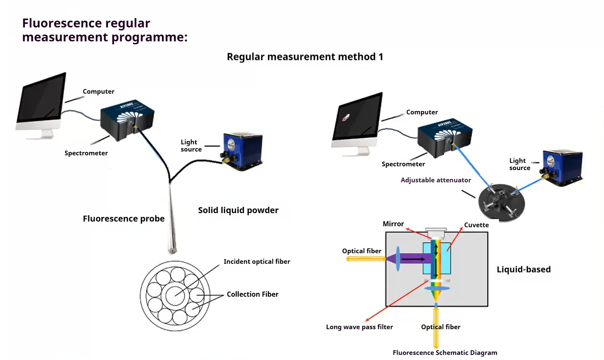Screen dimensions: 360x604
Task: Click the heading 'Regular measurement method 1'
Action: click(305, 57)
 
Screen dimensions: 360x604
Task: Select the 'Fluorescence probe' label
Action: click(123, 219)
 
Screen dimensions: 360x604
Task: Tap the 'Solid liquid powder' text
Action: click(238, 210)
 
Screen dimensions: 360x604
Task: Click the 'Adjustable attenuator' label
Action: click(435, 180)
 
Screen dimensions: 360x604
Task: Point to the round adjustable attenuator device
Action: click(501, 202)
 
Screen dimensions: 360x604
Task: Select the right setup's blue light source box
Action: click(562, 167)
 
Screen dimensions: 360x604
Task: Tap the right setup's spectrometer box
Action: click(444, 135)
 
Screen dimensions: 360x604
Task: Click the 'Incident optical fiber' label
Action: click(257, 262)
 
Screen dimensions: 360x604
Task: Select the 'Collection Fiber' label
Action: click(252, 294)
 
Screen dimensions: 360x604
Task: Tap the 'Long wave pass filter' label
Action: click(359, 327)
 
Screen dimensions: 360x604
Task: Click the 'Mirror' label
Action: click(393, 224)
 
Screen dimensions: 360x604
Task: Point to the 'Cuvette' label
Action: click(476, 225)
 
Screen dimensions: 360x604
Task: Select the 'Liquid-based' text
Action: click(523, 269)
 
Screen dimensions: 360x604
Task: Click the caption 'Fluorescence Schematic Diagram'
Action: click(445, 353)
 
